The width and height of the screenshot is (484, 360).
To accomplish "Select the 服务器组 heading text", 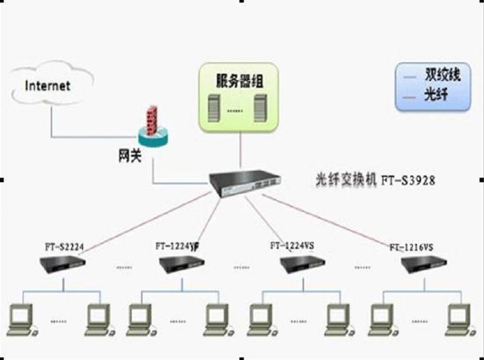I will pos(239,80).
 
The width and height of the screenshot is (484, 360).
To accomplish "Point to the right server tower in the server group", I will pos(260,106).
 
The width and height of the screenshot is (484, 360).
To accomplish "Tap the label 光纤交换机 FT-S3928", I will pos(376,180).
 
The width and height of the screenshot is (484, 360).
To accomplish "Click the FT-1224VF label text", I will pos(178,245).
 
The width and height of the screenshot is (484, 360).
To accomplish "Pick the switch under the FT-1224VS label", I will pos(302,263).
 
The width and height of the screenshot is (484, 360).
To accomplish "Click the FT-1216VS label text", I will pos(411,247).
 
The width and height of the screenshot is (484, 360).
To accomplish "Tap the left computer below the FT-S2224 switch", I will pos(23,318).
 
